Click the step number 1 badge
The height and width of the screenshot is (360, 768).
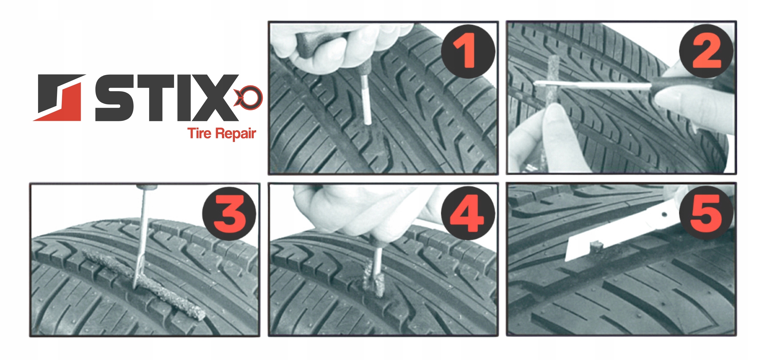click(x=468, y=51)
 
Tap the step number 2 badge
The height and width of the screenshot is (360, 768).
click(x=706, y=51)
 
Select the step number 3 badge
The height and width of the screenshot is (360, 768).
click(x=229, y=213)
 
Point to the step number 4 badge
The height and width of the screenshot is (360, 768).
click(x=468, y=213)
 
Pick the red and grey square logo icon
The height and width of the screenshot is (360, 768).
click(x=59, y=98)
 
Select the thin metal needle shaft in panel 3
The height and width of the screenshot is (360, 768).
click(x=141, y=237)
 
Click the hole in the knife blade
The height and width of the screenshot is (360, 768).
click(x=664, y=214)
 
